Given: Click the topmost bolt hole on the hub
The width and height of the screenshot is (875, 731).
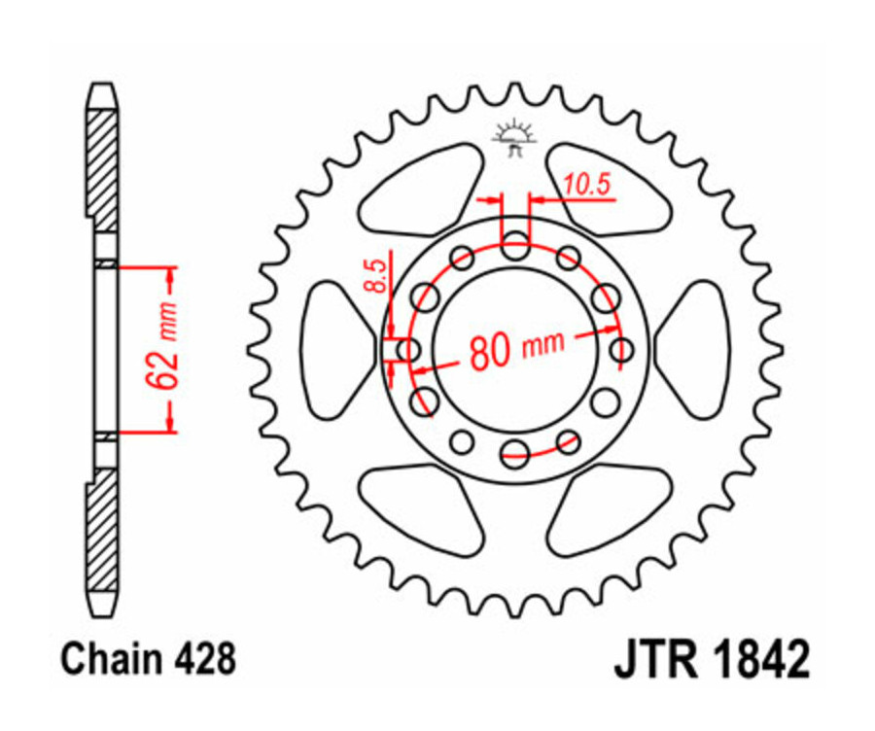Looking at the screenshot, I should tap(515, 247).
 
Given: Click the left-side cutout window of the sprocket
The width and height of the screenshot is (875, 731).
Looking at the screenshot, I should tap(335, 349).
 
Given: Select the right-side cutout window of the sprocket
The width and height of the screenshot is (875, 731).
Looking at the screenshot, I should tap(694, 349).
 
